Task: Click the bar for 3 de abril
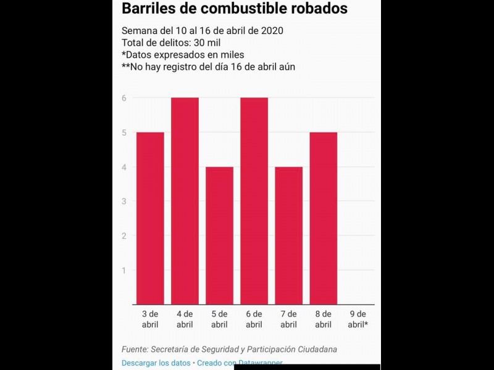click(150, 218)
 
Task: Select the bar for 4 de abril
click(185, 201)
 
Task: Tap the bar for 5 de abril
click(219, 236)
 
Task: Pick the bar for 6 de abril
click(254, 201)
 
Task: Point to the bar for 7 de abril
click(288, 236)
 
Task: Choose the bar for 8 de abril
click(323, 218)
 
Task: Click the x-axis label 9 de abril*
click(358, 319)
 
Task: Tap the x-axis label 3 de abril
click(150, 319)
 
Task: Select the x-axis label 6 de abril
click(254, 319)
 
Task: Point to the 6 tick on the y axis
click(124, 97)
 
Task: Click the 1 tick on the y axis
click(124, 270)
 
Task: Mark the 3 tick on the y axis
click(124, 201)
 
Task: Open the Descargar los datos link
click(156, 363)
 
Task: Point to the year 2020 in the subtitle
click(272, 30)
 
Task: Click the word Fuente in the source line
click(135, 349)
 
